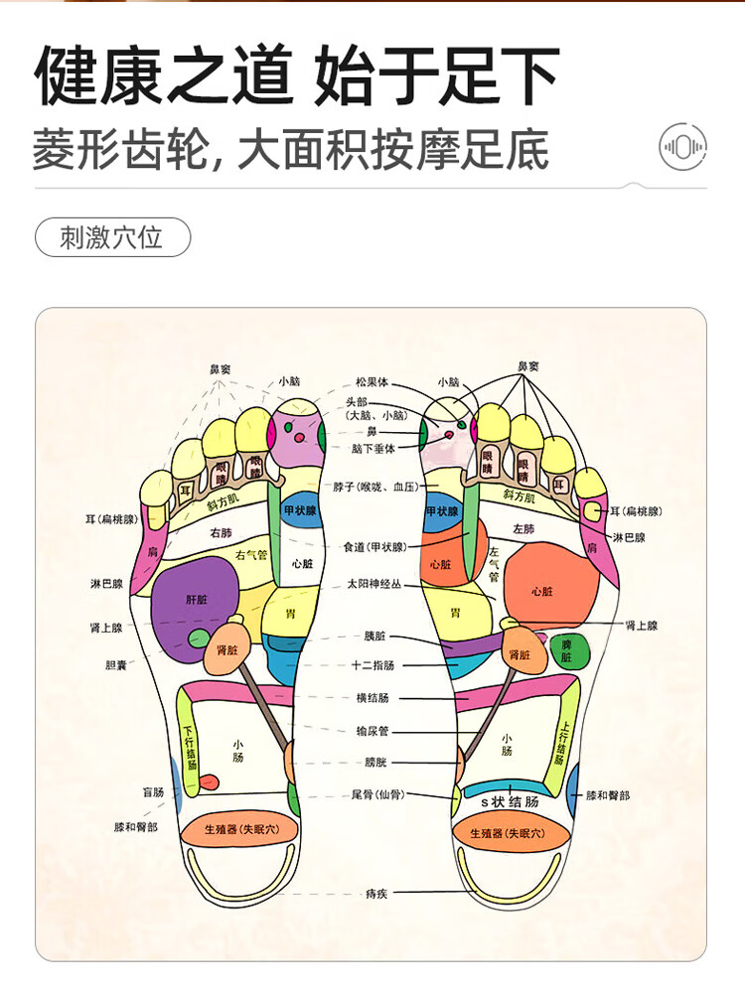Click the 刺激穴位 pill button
pos(112,238)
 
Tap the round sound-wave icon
pos(683,148)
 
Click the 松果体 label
pos(372,382)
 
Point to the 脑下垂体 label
pos(372,449)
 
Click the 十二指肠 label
pos(372,665)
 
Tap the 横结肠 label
pos(372,699)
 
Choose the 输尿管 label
pos(372,731)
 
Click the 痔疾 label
pos(375,894)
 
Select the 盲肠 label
pos(153,792)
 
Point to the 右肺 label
pos(221,532)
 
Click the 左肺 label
pos(523,528)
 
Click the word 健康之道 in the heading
pos(164,76)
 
